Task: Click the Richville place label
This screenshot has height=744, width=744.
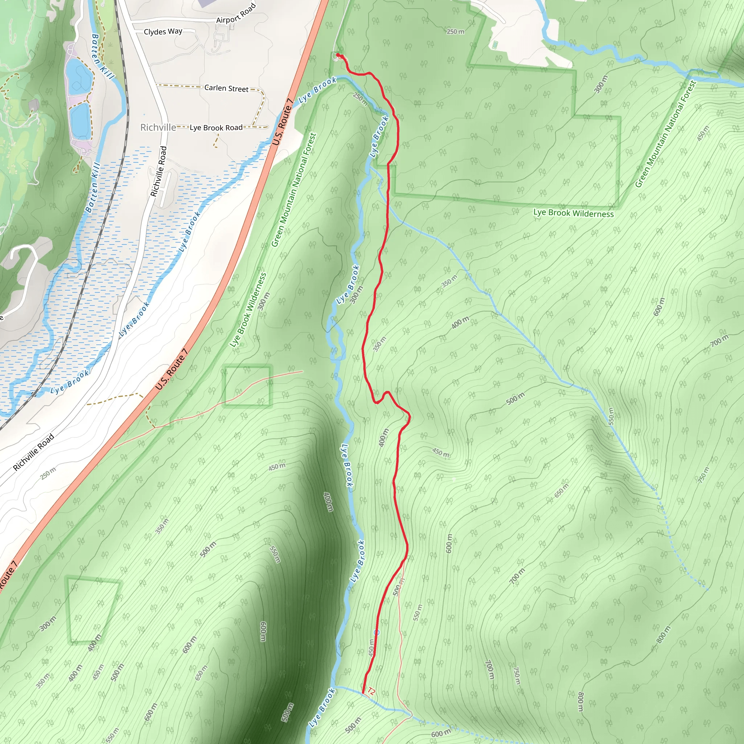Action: coord(158,128)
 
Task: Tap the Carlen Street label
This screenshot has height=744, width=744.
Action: coord(226,88)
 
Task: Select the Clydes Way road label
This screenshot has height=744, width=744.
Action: coord(163,32)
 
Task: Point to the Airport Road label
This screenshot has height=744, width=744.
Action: coord(236,14)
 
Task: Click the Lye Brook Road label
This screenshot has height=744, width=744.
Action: coord(216,128)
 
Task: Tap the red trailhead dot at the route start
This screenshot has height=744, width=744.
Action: coord(338,55)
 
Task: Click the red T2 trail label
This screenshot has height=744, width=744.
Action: coord(371,692)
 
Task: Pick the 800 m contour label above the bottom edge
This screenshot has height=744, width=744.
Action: coord(581,701)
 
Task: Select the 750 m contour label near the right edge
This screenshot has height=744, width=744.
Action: coord(704,475)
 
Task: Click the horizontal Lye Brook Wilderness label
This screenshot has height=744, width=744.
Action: coord(573,213)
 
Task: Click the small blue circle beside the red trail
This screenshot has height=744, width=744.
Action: coord(377,633)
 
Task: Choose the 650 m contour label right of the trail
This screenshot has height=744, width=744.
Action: coord(562,490)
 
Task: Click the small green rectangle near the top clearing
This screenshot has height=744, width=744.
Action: coord(495,45)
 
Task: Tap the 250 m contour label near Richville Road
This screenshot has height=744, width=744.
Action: coord(48,473)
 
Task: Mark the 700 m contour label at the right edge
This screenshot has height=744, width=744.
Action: coord(719,340)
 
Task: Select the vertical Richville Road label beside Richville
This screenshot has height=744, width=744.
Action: coord(159,171)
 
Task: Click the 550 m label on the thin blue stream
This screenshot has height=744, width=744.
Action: coord(611,416)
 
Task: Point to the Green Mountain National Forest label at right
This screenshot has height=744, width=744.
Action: coord(666,134)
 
